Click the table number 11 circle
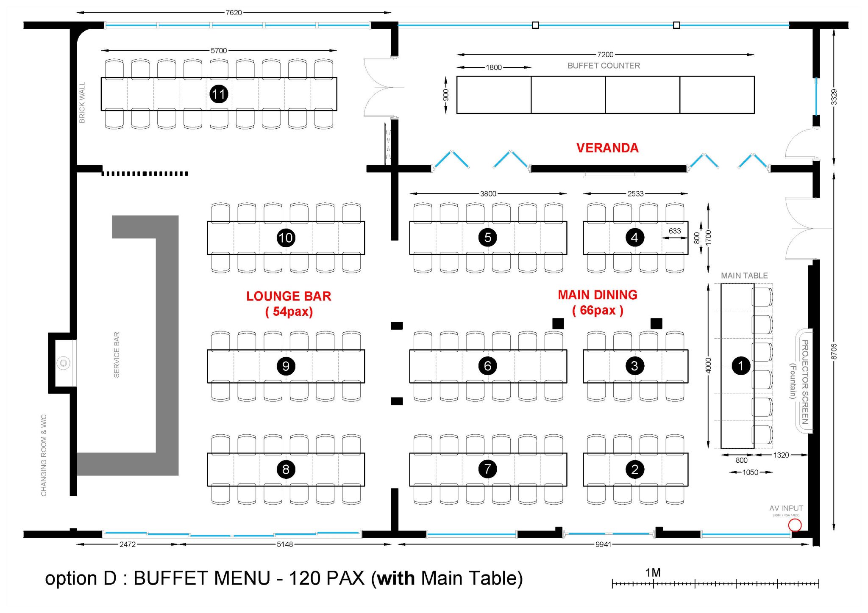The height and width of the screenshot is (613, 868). pos(219,94)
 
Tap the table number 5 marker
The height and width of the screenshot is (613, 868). pos(487,237)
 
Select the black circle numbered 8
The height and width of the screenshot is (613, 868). pos(286,469)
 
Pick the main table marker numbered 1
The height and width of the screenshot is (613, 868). pos(740,366)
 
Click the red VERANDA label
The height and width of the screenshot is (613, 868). pos(607,148)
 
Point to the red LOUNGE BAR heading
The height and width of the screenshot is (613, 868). pos(289,296)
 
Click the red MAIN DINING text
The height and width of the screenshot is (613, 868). pos(597,295)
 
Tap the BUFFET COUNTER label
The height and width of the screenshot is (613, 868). pos(604,66)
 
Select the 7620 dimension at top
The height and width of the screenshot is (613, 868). pos(234,13)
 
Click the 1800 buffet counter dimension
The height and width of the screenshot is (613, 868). pos(493,67)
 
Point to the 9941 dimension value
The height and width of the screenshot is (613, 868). pos(603,544)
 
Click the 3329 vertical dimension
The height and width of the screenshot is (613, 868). pos(834,97)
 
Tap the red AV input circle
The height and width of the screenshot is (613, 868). pos(795,525)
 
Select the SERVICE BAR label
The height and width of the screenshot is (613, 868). pos(117,355)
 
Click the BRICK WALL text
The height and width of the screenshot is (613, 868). pos(82,103)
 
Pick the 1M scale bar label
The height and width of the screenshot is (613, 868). pos(653,573)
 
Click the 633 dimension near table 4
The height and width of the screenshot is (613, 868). pos(674,231)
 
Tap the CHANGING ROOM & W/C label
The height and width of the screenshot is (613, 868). pos(44,455)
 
